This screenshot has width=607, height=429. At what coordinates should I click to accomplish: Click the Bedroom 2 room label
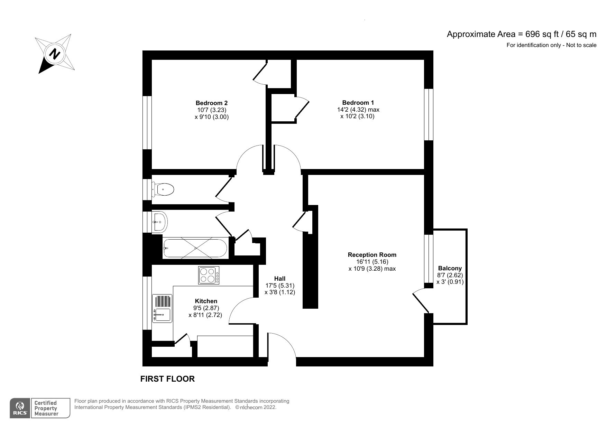(x=211, y=103)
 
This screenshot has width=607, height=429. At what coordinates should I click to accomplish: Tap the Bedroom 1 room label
(x=358, y=102)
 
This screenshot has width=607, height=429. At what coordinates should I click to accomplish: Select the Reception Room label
(x=372, y=255)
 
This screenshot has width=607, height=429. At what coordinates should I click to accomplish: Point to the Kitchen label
(x=206, y=301)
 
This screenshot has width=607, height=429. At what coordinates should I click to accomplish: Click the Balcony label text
(x=450, y=268)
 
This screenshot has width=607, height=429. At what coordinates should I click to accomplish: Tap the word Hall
(x=279, y=279)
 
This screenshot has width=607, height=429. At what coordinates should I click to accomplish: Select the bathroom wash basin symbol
(x=160, y=221)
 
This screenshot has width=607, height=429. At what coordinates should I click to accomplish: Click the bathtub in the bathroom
(x=195, y=248)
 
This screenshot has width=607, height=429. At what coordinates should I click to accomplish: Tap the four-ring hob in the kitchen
(x=209, y=275)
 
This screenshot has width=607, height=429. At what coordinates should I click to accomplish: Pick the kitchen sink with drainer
(x=162, y=308)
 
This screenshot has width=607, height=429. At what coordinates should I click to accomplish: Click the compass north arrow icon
(x=55, y=54)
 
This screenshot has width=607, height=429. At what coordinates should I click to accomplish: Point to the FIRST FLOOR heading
(x=167, y=379)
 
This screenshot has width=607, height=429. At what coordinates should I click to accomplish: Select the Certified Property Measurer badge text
(x=46, y=408)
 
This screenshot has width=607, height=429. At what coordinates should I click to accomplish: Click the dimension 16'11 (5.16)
(x=371, y=262)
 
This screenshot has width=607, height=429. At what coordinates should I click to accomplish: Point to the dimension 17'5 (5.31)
(x=279, y=286)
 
